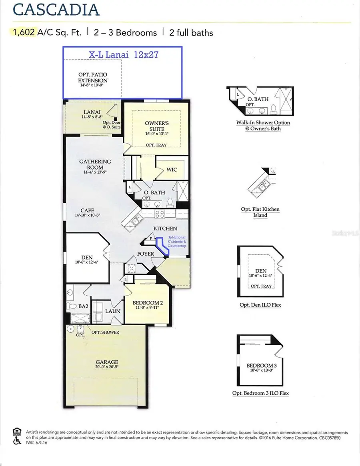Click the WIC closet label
pyautogui.click(x=172, y=170)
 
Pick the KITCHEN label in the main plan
pyautogui.click(x=165, y=228)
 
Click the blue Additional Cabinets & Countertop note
pyautogui.click(x=177, y=242)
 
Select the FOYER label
pyautogui.click(x=145, y=254)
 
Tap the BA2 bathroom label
pyautogui.click(x=83, y=306)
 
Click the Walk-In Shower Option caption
pyautogui.click(x=263, y=126)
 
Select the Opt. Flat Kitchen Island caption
pyautogui.click(x=260, y=212)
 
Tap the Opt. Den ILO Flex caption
pyautogui.click(x=260, y=305)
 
